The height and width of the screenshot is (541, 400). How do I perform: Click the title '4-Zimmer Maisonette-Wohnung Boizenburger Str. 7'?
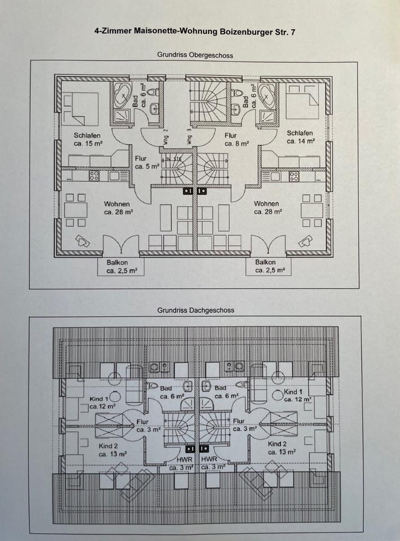point(194,33)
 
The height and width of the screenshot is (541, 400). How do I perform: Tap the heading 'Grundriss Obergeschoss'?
point(195,55)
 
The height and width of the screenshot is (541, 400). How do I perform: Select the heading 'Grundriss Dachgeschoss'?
point(195,310)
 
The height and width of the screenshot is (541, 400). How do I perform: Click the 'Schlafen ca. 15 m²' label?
point(87,139)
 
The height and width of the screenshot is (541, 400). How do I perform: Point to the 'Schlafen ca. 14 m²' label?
point(300,137)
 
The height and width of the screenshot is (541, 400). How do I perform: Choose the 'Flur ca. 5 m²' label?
point(146,162)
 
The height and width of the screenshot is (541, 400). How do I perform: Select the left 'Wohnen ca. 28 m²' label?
point(117,208)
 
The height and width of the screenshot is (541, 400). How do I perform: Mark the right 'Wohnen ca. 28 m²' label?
point(268,208)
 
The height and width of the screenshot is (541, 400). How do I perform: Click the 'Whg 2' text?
point(166,137)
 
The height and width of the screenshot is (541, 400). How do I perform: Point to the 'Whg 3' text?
point(189,137)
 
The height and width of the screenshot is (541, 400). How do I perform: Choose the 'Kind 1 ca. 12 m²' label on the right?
point(296,396)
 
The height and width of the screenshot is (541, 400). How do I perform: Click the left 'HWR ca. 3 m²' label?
point(178,463)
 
